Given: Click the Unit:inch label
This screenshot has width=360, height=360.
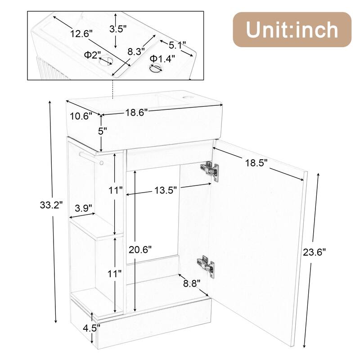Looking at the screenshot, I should (x=292, y=29).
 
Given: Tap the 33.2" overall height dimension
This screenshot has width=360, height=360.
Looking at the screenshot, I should (x=51, y=206).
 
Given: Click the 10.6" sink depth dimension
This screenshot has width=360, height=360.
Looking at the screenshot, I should (x=81, y=116).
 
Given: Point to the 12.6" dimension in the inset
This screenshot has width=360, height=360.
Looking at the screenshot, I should (x=81, y=33).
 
